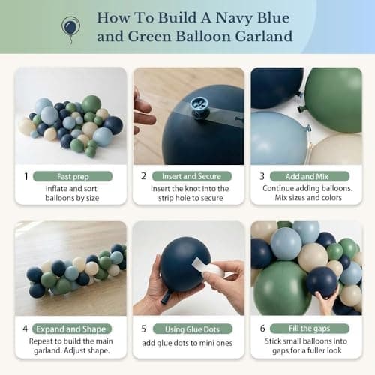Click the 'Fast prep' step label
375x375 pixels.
point(72,175)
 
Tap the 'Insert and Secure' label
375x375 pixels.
point(191,175)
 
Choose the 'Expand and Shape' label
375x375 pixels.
point(72,328)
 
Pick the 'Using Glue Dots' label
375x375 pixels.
point(191,328)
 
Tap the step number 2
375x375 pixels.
point(143,176)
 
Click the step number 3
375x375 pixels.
point(262,176)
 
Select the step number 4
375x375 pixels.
point(25,328)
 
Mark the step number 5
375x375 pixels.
point(143,328)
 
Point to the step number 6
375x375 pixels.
point(262,328)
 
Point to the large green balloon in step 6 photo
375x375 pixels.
point(282,289)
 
